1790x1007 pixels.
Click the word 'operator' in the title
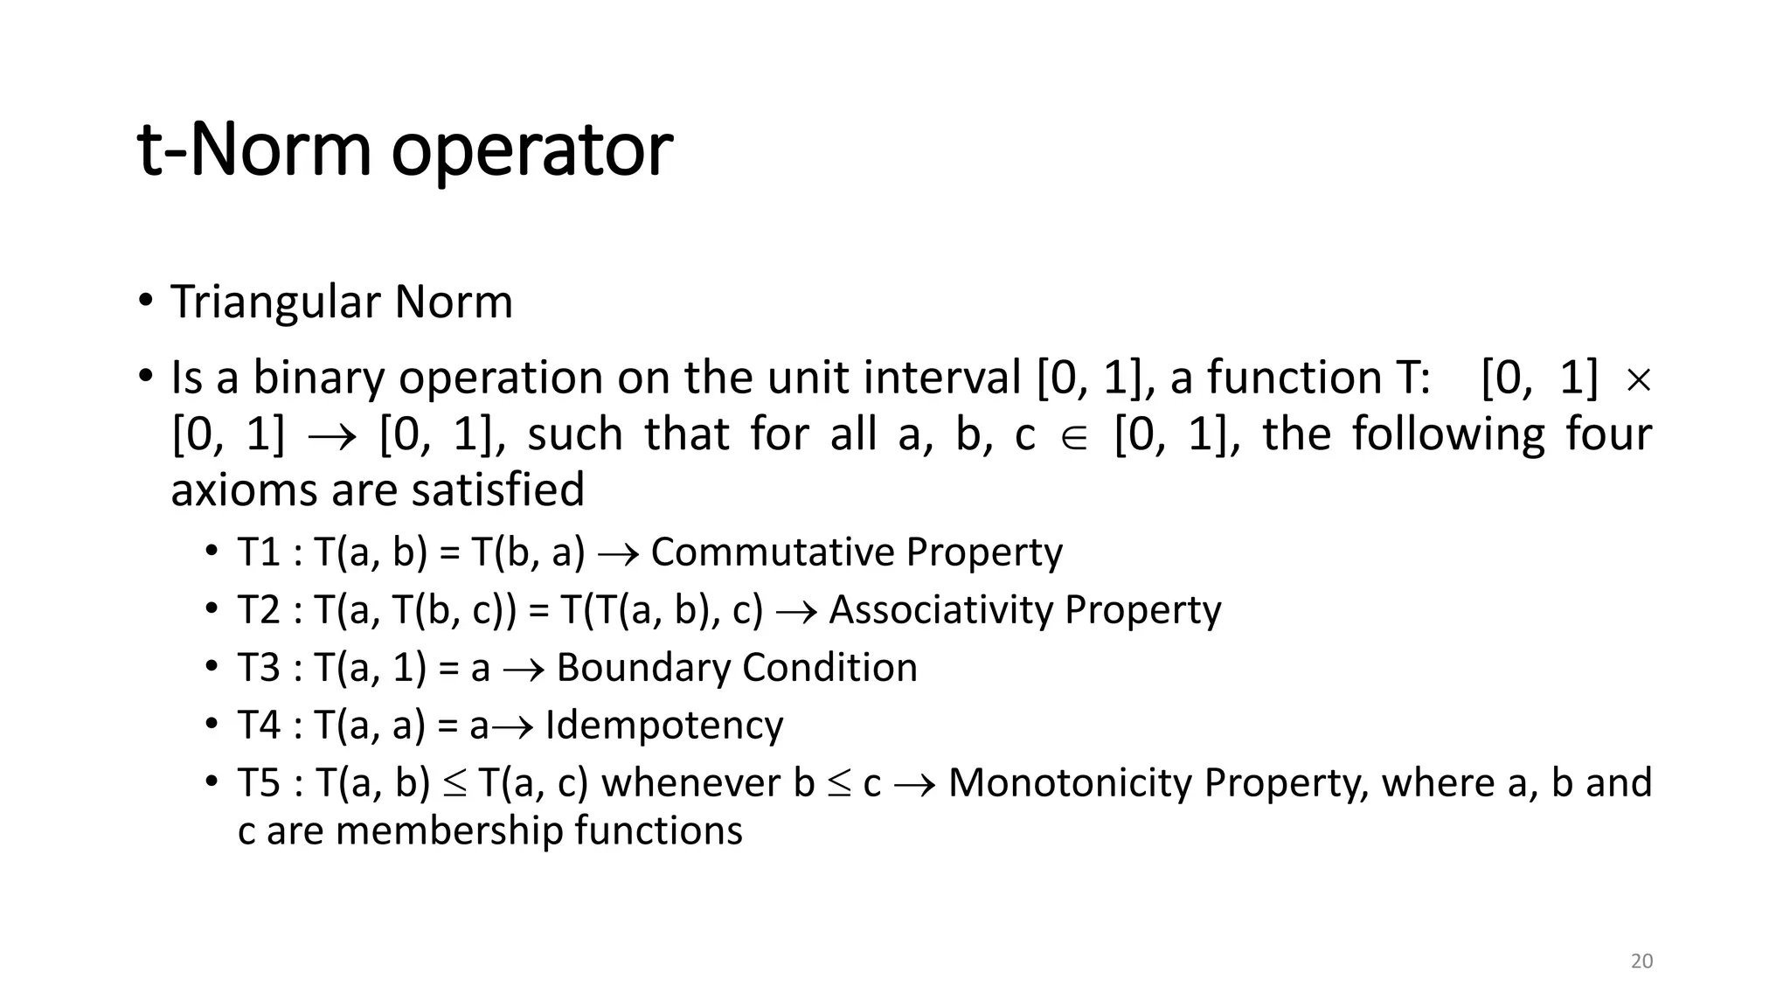click(x=531, y=150)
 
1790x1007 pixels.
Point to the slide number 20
click(x=1641, y=962)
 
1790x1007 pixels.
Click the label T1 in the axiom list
click(x=259, y=552)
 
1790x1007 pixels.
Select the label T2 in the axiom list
click(x=259, y=610)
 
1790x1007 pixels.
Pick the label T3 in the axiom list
click(x=259, y=668)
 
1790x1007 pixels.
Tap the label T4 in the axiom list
click(x=259, y=726)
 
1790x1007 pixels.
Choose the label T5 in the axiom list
click(x=259, y=783)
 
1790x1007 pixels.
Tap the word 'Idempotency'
click(x=664, y=726)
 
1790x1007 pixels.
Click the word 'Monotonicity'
click(x=1070, y=783)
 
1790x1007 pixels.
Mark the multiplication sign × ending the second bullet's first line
click(x=1637, y=380)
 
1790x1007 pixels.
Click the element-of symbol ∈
click(x=1073, y=437)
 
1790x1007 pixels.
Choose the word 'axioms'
click(x=244, y=490)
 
